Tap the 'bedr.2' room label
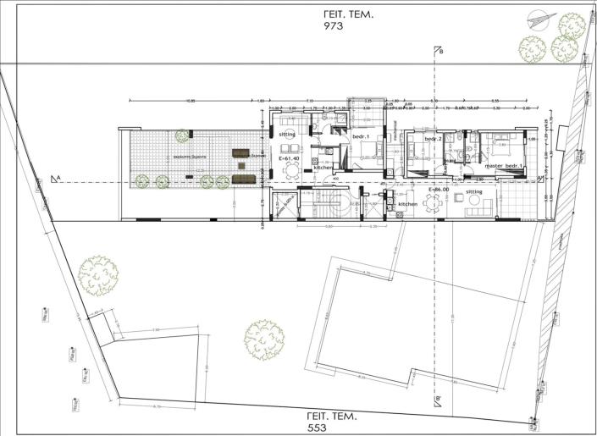tap(434, 137)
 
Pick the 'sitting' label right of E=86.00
tap(473, 192)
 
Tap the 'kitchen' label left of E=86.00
tap(408, 204)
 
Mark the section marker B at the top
tap(438, 52)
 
